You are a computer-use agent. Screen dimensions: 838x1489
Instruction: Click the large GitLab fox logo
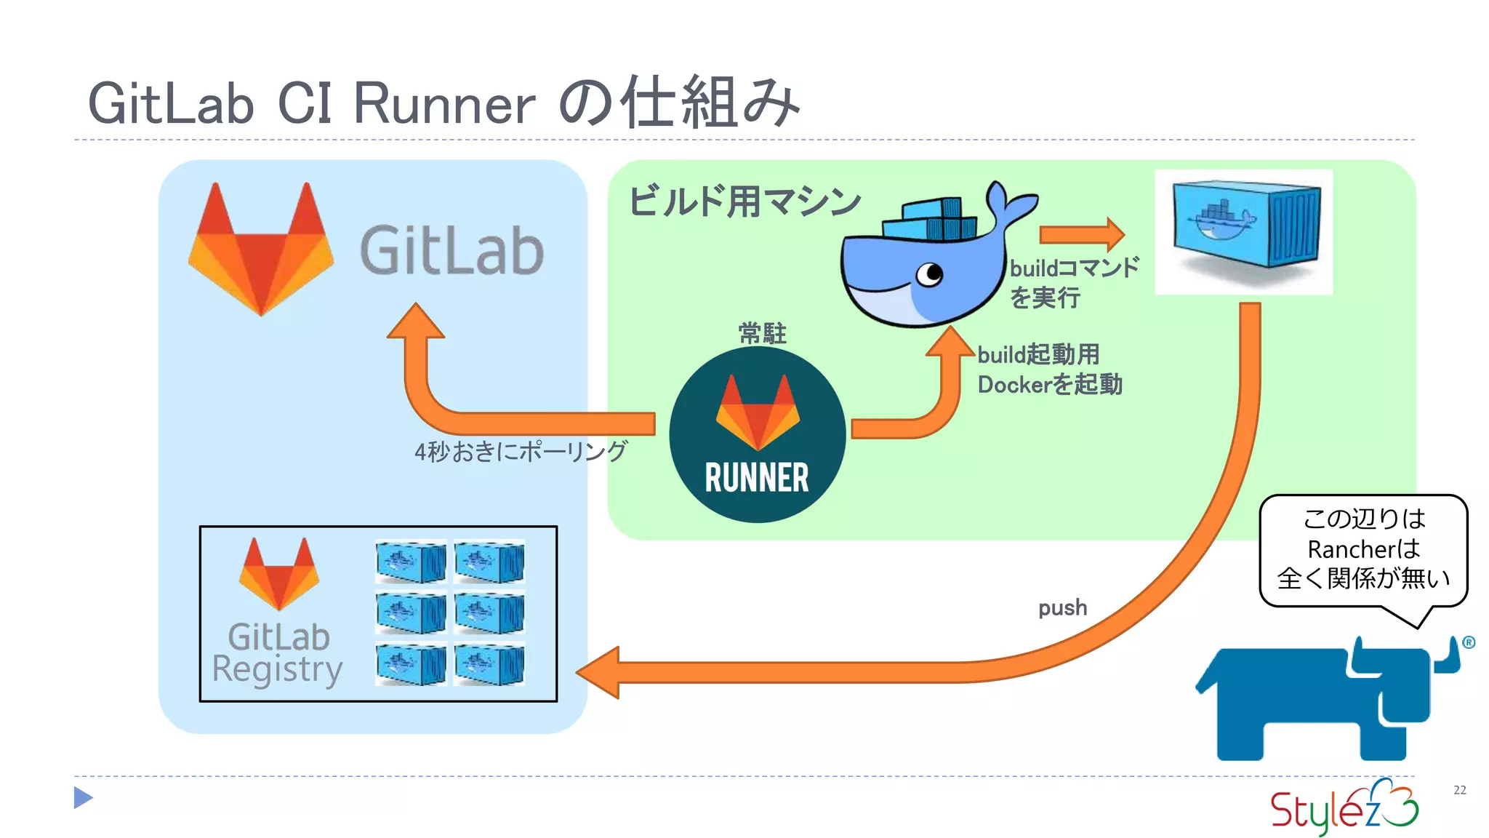click(260, 251)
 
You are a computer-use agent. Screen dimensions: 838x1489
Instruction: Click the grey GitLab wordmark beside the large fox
click(451, 251)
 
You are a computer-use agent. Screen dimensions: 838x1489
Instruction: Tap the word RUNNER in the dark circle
click(756, 478)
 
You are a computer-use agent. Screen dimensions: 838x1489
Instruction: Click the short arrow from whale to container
click(1081, 234)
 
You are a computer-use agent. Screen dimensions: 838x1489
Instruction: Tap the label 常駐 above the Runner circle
click(762, 333)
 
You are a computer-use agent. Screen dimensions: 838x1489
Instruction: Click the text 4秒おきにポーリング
click(521, 452)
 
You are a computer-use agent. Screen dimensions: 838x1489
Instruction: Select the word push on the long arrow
click(1062, 607)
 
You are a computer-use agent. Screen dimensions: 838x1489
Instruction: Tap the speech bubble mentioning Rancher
click(1362, 549)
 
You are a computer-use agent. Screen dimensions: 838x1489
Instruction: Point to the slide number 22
click(1459, 790)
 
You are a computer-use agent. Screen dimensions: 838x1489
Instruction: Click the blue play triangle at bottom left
click(83, 798)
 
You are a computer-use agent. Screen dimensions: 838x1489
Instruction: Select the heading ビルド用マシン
click(744, 201)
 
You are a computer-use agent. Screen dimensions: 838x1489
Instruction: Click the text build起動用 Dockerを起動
click(1049, 370)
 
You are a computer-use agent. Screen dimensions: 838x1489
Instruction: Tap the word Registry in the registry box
click(277, 669)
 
